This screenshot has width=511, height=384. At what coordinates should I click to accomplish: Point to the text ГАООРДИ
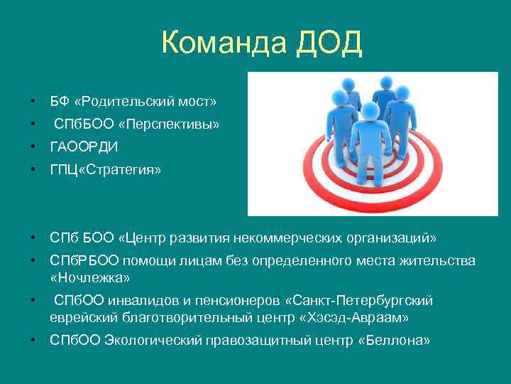pyautogui.click(x=84, y=147)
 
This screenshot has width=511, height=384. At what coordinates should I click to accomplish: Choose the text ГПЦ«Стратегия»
pyautogui.click(x=105, y=170)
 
